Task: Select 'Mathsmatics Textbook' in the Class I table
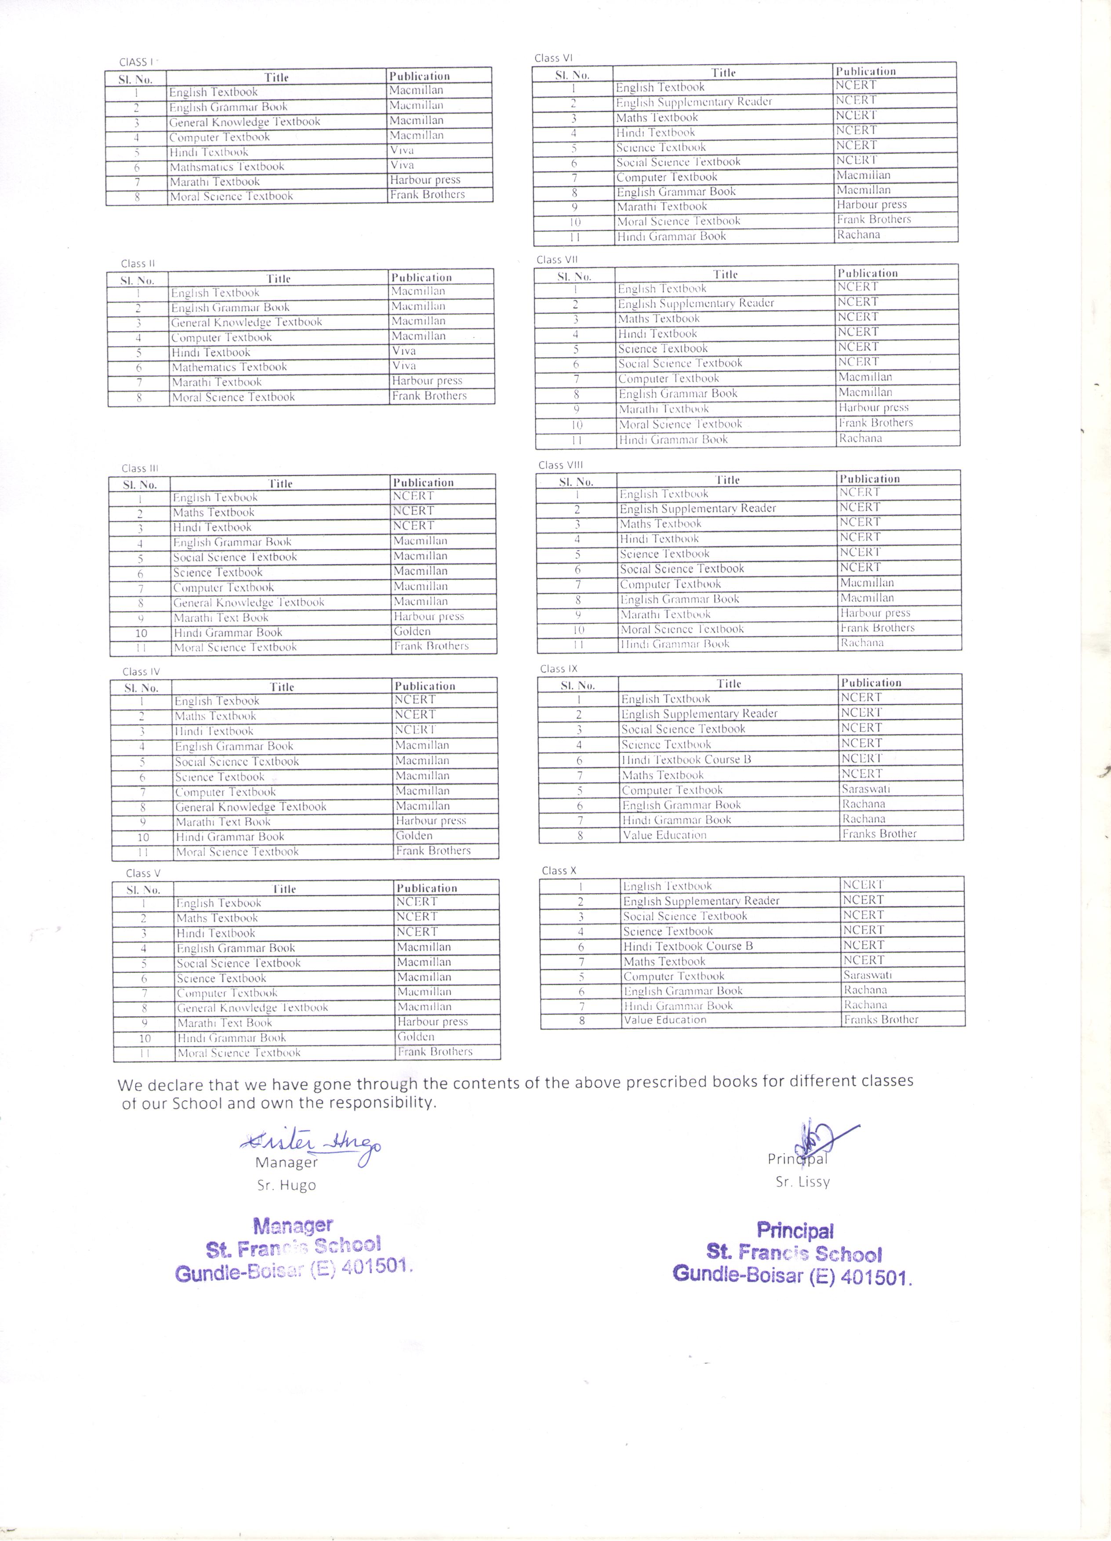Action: tap(227, 167)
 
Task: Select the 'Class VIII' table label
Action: tap(561, 465)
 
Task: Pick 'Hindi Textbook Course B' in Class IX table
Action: tap(686, 760)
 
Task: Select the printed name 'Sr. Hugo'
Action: tap(286, 1186)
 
